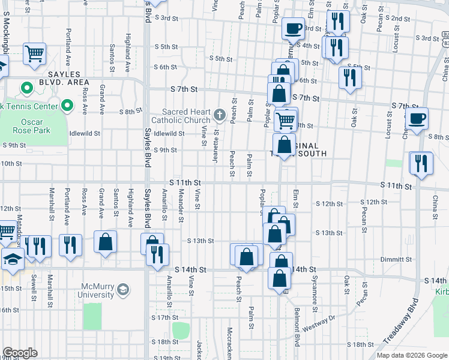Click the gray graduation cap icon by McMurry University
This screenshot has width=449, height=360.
coord(123,290)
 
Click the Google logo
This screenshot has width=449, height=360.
coord(20,353)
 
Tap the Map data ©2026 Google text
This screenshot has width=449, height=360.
coord(411,355)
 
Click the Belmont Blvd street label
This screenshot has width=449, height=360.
coord(297,327)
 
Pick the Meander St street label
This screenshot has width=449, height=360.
coord(180,203)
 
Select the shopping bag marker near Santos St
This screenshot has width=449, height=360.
coord(105,242)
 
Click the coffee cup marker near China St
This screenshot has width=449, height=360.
coord(417,119)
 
